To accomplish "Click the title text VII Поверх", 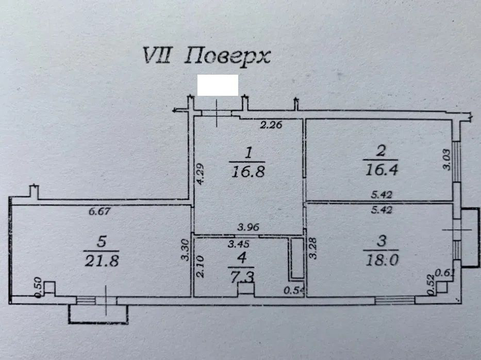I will [x=206, y=55].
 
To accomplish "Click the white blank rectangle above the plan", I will [x=218, y=85].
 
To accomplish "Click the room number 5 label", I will [x=102, y=242].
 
